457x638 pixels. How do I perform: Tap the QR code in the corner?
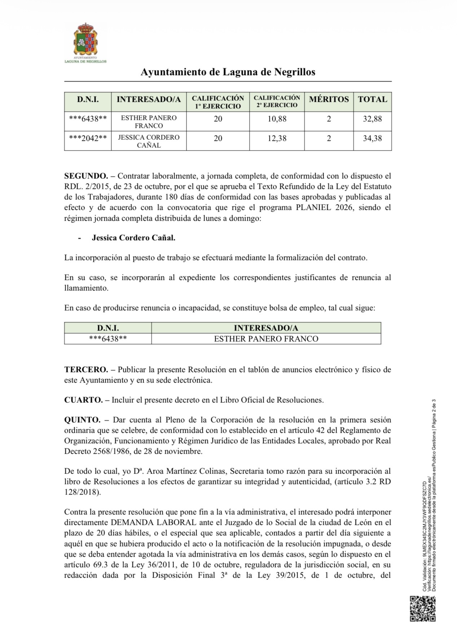tap(422, 609)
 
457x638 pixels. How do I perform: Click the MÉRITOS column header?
tap(329, 100)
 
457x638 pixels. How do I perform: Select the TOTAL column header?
tap(372, 100)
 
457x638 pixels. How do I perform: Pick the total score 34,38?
tap(372, 138)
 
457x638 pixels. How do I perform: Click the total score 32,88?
tap(372, 119)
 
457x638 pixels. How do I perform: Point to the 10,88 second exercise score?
tap(277, 119)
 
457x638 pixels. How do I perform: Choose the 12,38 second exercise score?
tap(277, 138)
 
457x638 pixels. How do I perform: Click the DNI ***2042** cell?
tap(88, 138)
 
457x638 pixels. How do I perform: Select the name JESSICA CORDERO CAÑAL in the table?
tap(149, 141)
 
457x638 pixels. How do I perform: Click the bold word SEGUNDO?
tap(86, 176)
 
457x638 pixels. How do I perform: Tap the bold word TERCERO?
tap(86, 370)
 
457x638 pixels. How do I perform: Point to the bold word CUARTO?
tap(83, 400)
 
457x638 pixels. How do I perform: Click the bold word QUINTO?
tap(82, 420)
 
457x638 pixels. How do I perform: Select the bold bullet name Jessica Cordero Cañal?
tap(133, 238)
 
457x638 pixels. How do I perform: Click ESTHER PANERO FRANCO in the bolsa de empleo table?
tap(266, 339)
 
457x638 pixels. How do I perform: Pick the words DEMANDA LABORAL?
tap(153, 522)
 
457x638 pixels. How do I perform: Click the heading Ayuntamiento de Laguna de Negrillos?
tap(228, 72)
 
